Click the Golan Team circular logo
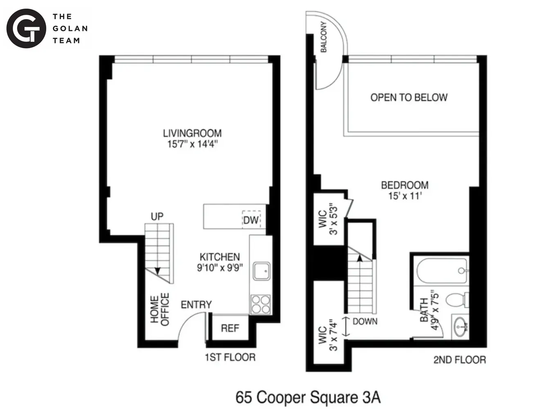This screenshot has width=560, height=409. (x=26, y=29)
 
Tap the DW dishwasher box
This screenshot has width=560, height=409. (x=251, y=220)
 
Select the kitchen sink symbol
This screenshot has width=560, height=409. (x=261, y=271)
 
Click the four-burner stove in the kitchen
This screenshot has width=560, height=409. (x=261, y=304)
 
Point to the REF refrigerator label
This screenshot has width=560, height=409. (x=230, y=328)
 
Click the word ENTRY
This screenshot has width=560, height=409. (x=196, y=305)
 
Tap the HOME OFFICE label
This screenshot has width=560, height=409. (x=160, y=310)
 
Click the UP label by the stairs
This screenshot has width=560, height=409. (x=157, y=216)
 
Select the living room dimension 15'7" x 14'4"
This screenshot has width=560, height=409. (x=192, y=144)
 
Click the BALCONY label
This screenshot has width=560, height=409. (x=324, y=37)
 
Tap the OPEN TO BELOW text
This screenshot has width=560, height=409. (x=409, y=97)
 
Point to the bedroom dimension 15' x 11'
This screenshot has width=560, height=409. (x=405, y=196)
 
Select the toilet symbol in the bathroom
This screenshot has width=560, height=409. (x=456, y=299)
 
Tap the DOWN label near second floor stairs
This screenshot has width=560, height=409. (x=365, y=321)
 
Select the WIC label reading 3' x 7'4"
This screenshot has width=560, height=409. (x=328, y=335)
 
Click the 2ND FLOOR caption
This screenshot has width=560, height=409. (x=459, y=360)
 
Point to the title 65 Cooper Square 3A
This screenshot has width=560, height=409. (x=308, y=397)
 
